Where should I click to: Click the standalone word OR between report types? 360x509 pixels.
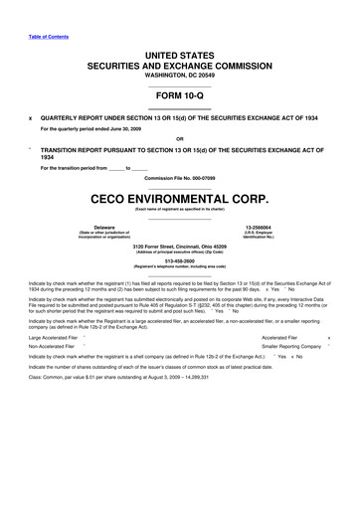click(x=179, y=137)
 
